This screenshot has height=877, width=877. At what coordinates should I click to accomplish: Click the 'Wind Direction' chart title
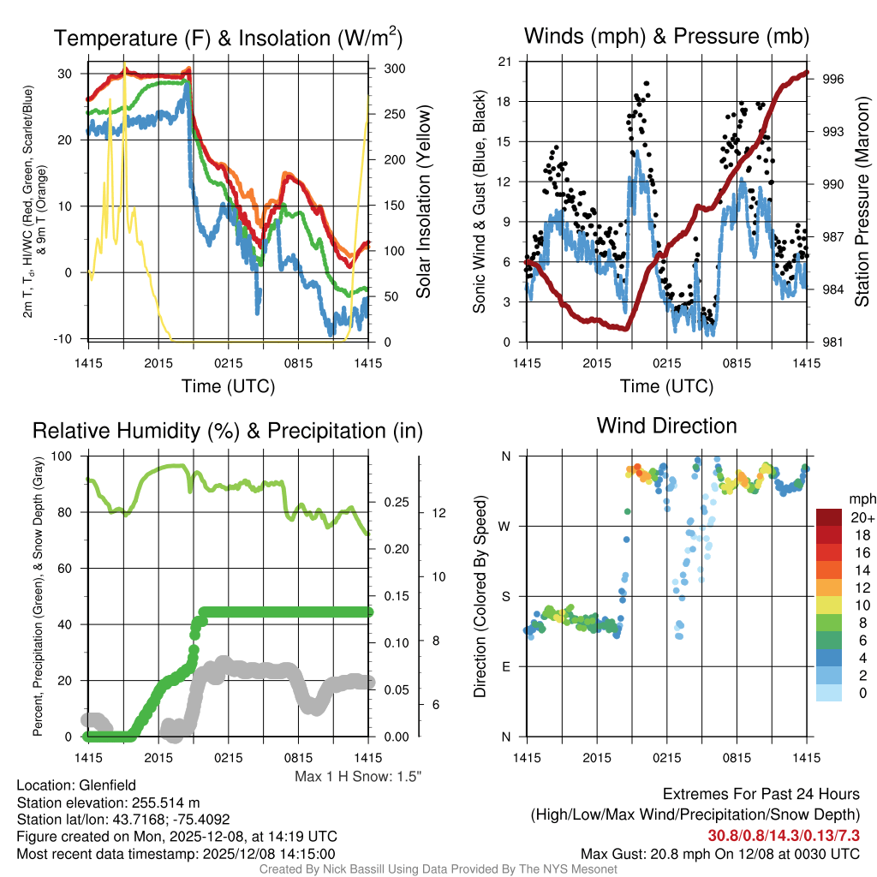(x=666, y=426)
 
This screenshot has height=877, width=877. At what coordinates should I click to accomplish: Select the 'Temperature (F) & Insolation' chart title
(x=228, y=39)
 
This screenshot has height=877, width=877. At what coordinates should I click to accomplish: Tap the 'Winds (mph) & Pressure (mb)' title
(x=666, y=36)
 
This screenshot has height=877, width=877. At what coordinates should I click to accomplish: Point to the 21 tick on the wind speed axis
(x=505, y=62)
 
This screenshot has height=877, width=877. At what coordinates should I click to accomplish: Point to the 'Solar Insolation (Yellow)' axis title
(x=423, y=201)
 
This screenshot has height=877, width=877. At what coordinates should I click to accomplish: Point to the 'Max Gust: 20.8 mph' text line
(x=719, y=853)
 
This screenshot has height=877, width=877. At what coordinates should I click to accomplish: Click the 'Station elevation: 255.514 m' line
(x=108, y=802)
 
